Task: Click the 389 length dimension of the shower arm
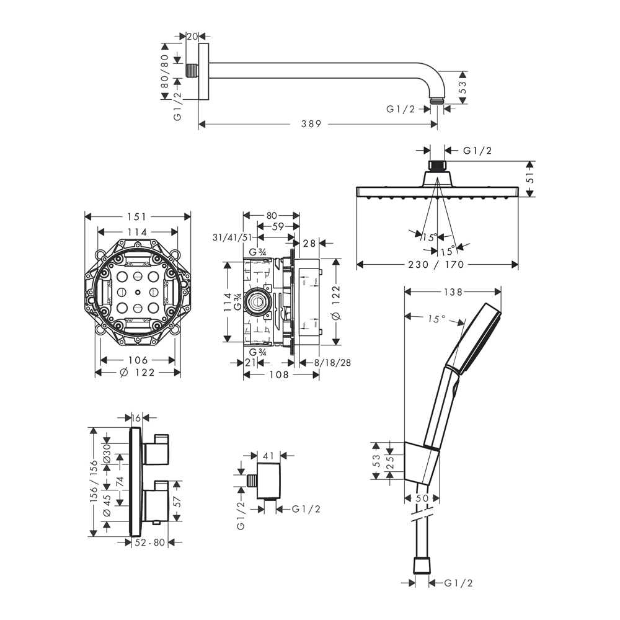tap(311, 124)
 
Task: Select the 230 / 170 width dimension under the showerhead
tap(436, 264)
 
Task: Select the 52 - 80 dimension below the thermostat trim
tap(149, 542)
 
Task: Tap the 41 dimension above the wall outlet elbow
tap(268, 456)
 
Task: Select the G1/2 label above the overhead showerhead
tap(477, 150)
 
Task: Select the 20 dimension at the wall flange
tap(193, 37)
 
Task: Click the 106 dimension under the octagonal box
tap(137, 360)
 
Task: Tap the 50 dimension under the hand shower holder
tap(422, 498)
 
